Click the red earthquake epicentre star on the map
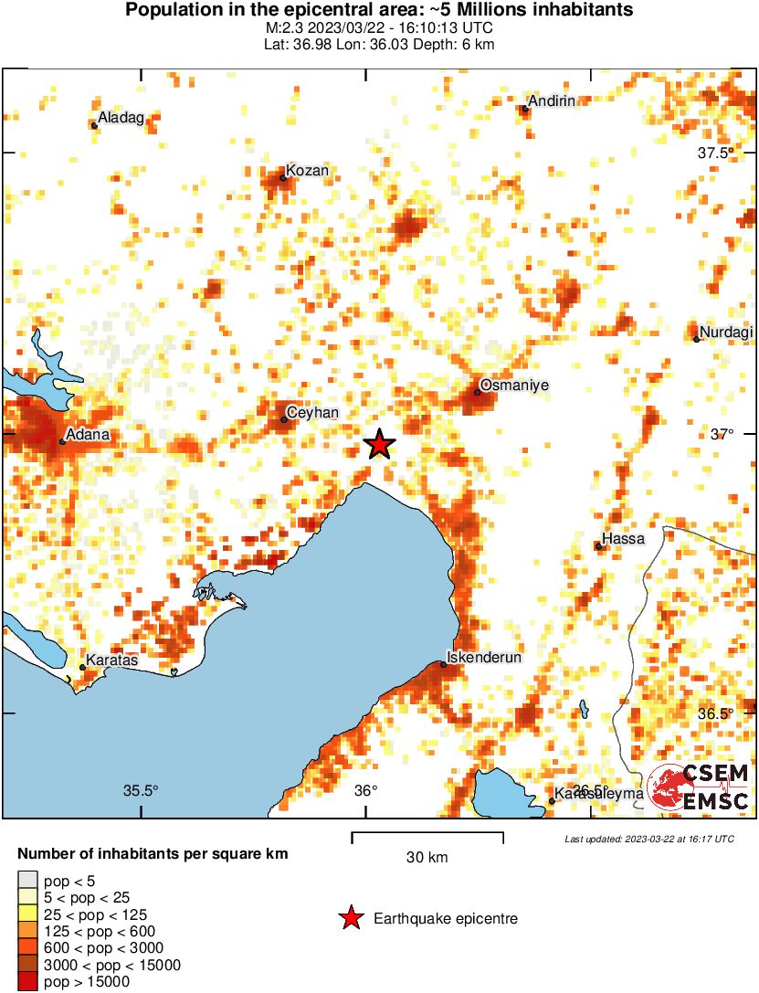(x=380, y=445)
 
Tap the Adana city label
(x=89, y=435)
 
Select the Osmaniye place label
(x=514, y=386)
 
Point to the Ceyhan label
(x=312, y=413)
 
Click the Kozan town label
(x=307, y=171)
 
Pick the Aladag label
(x=121, y=118)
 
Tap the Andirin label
(x=553, y=100)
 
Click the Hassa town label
(x=623, y=539)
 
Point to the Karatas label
(x=111, y=660)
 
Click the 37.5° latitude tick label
(x=715, y=153)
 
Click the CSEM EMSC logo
(x=699, y=787)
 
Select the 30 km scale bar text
(x=427, y=857)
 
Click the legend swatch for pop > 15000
(x=27, y=982)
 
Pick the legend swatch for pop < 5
(x=27, y=882)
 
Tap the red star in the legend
(x=351, y=919)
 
